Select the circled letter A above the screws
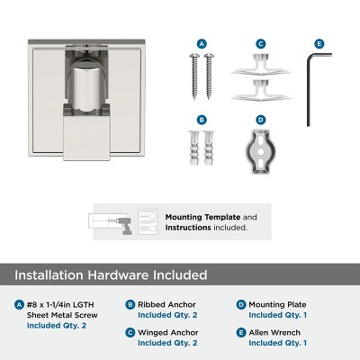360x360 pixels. (202, 42)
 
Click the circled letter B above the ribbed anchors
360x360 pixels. (202, 118)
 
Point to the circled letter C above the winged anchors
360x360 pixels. (260, 42)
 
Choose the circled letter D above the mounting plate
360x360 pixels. (260, 118)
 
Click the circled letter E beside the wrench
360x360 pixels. (319, 42)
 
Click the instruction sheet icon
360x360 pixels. (153, 221)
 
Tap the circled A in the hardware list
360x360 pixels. (20, 305)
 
